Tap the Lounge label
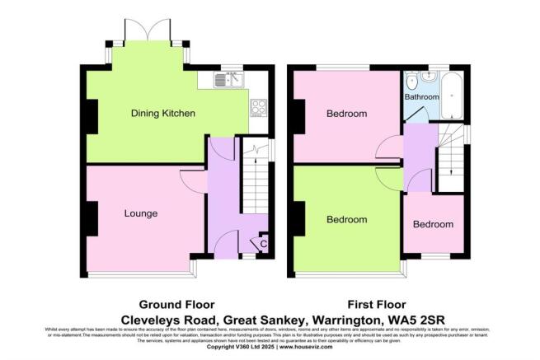(x=140, y=213)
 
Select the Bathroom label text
(x=422, y=96)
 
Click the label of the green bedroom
(x=346, y=220)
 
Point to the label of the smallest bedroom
(x=433, y=224)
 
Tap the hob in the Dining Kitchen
(x=257, y=106)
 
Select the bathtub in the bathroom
(x=453, y=96)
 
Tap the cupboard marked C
(x=263, y=243)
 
